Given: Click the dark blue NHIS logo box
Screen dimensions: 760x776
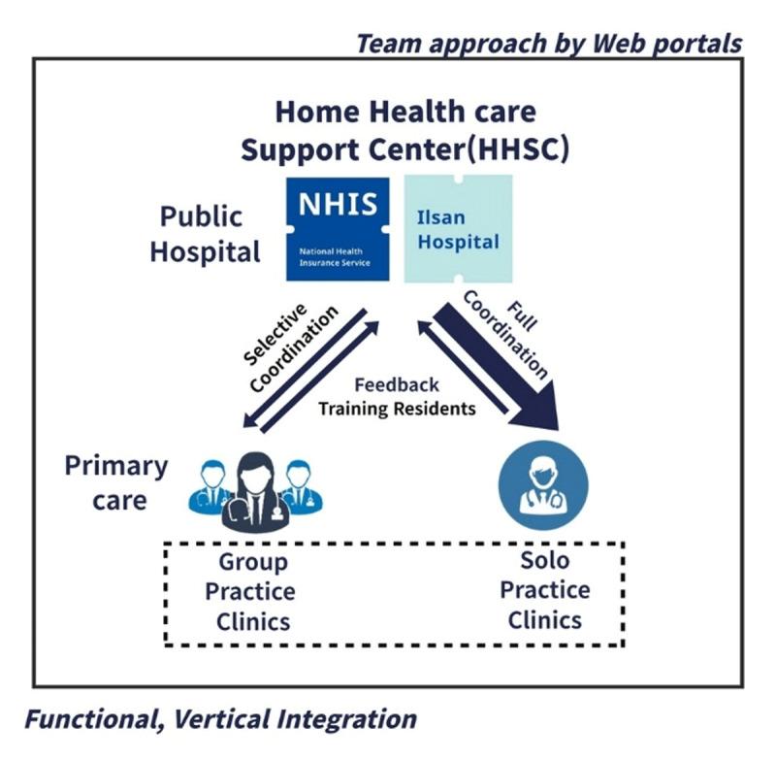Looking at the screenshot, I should tap(337, 228).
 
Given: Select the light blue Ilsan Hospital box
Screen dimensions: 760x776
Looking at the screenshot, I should tap(458, 228).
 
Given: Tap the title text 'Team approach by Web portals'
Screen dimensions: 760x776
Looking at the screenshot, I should tap(548, 44).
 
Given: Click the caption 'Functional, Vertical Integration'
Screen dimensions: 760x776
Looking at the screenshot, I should tap(221, 719).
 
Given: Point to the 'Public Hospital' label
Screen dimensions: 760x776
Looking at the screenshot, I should tap(205, 234).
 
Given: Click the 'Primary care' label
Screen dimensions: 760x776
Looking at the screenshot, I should tap(115, 482).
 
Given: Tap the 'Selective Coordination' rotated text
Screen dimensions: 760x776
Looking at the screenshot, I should tap(288, 345).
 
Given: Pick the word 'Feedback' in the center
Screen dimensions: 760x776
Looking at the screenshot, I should tap(396, 384).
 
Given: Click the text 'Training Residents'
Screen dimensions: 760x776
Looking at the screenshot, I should tap(397, 408).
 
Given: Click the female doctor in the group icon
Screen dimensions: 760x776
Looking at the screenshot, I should tap(255, 490).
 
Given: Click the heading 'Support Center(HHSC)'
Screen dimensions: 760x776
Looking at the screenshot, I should tap(404, 150).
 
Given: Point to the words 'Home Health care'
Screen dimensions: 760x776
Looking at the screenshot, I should tap(404, 112).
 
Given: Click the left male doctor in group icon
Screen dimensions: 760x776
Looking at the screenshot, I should tap(209, 485).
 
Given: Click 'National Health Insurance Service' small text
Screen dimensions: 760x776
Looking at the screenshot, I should tap(334, 256).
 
